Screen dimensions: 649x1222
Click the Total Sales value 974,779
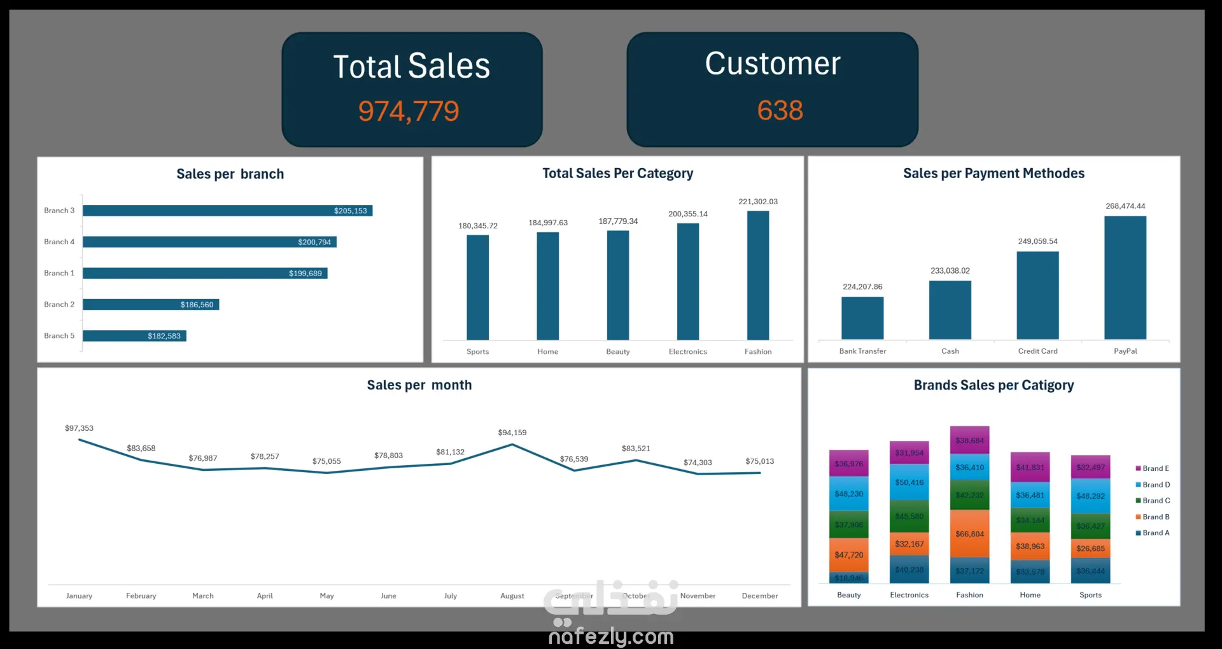(x=408, y=111)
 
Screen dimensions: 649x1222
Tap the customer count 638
(x=780, y=111)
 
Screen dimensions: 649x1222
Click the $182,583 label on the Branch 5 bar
(x=164, y=336)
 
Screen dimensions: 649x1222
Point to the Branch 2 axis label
(x=59, y=305)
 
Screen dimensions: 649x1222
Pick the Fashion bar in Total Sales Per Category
(x=757, y=275)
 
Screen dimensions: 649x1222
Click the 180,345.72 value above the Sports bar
(x=477, y=226)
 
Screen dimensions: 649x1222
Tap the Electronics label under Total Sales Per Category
(x=687, y=352)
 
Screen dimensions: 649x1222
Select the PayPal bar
(x=1125, y=277)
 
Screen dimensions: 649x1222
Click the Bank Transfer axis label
(x=862, y=351)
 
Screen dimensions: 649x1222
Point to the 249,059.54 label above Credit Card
(x=1037, y=241)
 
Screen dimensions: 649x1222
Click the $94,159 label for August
(x=512, y=433)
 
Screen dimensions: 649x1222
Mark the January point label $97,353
(x=79, y=428)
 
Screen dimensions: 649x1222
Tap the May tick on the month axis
(x=327, y=596)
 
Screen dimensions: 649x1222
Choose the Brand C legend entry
(x=1155, y=501)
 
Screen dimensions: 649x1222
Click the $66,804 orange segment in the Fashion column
(x=969, y=534)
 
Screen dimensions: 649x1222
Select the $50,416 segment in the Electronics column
(x=909, y=482)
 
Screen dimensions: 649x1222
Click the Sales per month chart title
(x=419, y=385)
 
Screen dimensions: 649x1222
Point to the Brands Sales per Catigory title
(x=994, y=385)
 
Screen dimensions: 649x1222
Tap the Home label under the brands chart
(x=1030, y=595)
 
